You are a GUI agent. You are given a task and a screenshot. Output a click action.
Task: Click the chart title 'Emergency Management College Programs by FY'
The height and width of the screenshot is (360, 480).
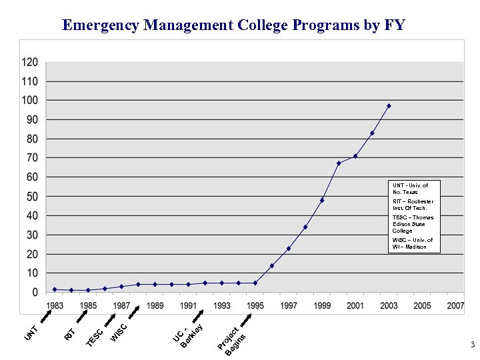[x=233, y=25]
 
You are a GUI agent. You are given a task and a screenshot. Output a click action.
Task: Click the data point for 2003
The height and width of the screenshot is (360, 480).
[x=389, y=106]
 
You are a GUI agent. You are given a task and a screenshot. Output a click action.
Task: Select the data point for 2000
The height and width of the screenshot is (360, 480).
[x=339, y=163]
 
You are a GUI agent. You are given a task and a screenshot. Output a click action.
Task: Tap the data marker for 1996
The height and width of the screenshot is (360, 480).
[x=272, y=266]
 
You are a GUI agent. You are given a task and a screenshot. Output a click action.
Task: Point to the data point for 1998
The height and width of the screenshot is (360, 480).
[x=305, y=227]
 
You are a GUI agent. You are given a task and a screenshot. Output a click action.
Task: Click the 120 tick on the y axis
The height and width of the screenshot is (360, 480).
[x=31, y=62]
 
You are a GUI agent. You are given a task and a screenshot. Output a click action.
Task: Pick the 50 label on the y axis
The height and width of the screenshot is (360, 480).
[x=32, y=197]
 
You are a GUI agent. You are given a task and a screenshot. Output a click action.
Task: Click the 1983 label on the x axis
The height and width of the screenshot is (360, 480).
[x=55, y=306]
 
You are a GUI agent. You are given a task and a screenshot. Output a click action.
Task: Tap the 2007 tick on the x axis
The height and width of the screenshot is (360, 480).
[x=455, y=306]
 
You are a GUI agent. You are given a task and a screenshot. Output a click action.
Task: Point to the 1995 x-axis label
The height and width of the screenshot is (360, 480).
[x=255, y=306]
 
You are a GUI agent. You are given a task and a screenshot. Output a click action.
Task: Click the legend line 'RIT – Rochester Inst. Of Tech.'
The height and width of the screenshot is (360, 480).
[x=413, y=205]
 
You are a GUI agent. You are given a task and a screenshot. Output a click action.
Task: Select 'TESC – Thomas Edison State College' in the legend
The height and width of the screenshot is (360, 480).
[x=413, y=224]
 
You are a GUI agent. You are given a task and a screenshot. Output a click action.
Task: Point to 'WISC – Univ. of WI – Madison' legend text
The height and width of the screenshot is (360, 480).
[x=413, y=243]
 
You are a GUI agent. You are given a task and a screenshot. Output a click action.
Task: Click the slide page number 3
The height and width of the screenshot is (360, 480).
[x=471, y=345]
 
